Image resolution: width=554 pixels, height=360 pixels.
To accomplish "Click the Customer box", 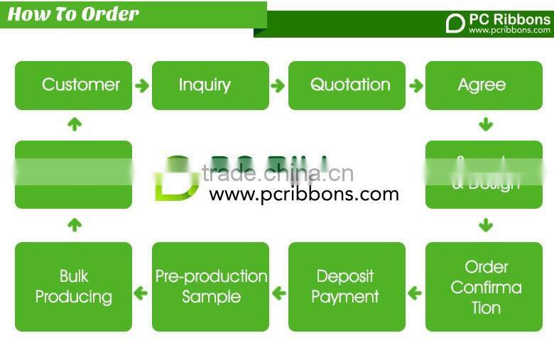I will point(74,85).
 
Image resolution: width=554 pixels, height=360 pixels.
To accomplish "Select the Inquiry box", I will point(210,85).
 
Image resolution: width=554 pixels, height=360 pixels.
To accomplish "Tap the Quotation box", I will point(347,85).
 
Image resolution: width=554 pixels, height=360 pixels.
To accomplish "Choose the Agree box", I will point(483,85).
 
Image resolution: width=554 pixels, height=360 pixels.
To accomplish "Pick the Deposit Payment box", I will point(347,287).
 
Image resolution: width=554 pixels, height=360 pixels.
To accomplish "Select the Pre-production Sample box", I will point(210,287).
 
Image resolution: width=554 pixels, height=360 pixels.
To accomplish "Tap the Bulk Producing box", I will point(74,287).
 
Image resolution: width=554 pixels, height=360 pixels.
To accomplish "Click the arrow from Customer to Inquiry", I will point(142,86).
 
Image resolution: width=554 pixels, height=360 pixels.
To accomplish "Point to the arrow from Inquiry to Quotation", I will point(278,86).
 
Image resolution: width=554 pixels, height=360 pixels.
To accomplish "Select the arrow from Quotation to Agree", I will point(415,86).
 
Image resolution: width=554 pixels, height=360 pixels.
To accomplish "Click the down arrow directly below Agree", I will point(486,125).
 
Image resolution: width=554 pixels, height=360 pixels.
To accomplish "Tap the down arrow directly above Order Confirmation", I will point(486,226).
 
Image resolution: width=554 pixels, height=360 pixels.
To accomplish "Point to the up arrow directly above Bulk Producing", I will point(74,226).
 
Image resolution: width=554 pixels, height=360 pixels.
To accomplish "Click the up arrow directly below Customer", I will point(74,124).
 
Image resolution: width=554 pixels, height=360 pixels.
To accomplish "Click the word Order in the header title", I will point(109,14).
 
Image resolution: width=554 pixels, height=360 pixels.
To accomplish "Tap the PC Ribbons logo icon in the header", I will point(455,23).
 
